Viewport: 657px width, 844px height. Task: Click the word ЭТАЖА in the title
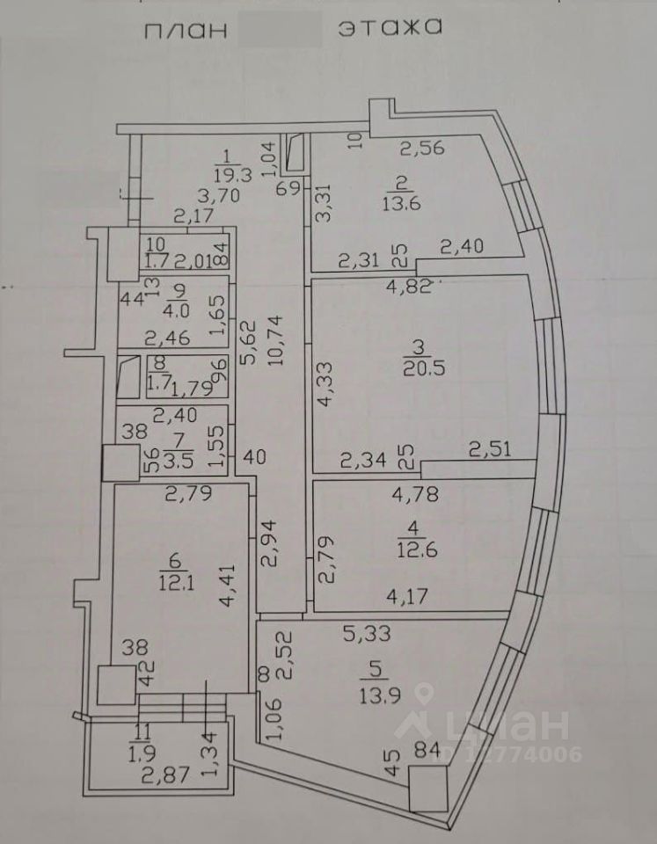(388, 26)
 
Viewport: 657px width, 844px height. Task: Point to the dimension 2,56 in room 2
(423, 148)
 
